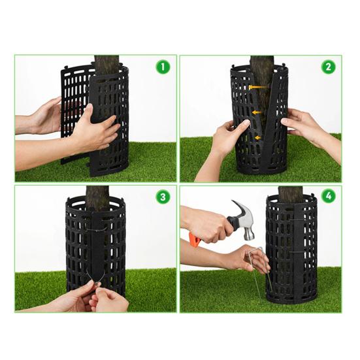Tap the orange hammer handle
[x=195, y=239]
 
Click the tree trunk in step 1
[x=106, y=64]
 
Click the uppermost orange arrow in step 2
[x=259, y=86]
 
